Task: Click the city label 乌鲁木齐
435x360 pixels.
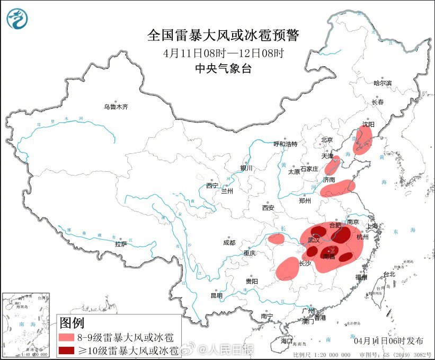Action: pyautogui.click(x=116, y=107)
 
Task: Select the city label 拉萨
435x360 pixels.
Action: pyautogui.click(x=121, y=244)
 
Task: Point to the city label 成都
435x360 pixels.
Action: pyautogui.click(x=229, y=243)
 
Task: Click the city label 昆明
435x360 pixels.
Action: pyautogui.click(x=217, y=295)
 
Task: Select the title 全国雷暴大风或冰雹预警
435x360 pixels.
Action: pyautogui.click(x=223, y=36)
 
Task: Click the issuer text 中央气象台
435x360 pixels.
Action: pyautogui.click(x=223, y=68)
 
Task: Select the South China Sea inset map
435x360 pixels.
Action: pyautogui.click(x=26, y=323)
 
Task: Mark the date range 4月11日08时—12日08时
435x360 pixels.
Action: pyautogui.click(x=223, y=53)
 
